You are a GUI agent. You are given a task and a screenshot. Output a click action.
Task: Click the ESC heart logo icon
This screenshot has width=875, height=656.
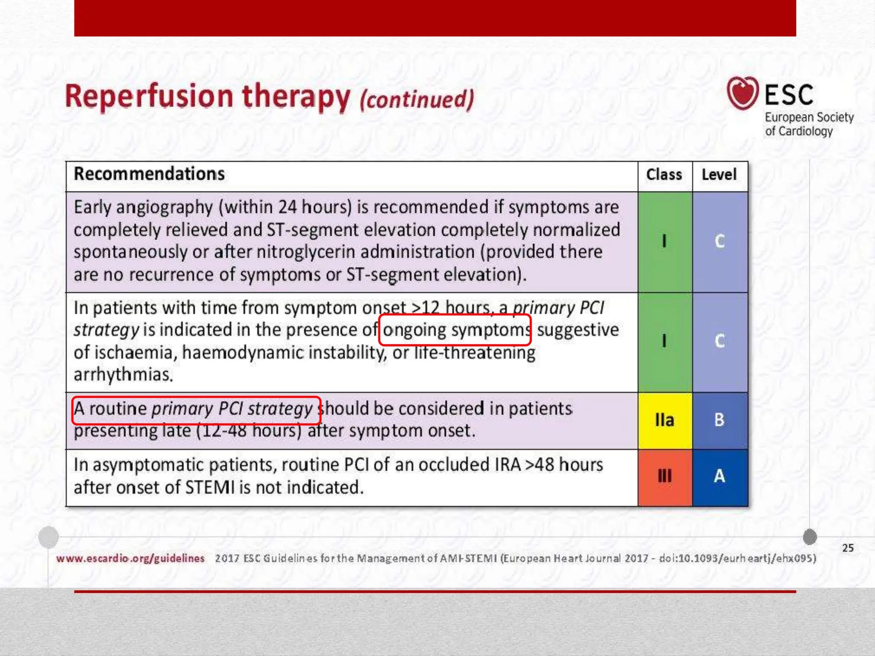tap(743, 93)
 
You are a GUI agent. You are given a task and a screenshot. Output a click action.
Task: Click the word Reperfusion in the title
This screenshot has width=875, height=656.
tap(149, 97)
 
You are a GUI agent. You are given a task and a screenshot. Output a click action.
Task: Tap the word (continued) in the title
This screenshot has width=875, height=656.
tap(417, 99)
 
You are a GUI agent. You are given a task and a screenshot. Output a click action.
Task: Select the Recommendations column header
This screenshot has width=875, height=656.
tap(149, 174)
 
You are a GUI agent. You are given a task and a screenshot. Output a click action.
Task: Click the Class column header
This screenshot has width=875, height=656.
tap(664, 175)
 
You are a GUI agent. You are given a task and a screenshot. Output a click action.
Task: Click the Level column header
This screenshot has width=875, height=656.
tap(719, 175)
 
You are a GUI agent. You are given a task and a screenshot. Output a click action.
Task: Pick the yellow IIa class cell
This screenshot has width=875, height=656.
tap(665, 420)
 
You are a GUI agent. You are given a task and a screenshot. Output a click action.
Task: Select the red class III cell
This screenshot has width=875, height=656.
tap(665, 476)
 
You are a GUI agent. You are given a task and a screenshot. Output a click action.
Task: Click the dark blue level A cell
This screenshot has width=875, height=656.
tap(719, 476)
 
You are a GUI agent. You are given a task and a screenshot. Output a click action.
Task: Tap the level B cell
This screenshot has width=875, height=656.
tap(719, 420)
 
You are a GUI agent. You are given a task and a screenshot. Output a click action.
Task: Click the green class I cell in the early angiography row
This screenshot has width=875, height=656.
tap(664, 241)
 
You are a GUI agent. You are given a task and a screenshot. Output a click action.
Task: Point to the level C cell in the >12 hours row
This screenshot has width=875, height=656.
tap(719, 341)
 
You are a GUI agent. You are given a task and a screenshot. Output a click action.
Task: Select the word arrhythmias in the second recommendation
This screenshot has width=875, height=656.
tap(123, 375)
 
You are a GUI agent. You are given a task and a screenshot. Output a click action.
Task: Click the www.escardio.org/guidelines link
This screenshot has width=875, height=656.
tap(130, 558)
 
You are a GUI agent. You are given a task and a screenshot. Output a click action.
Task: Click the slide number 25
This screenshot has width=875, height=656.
tap(848, 548)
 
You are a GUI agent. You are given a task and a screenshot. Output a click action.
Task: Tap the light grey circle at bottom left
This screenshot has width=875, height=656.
tap(48, 537)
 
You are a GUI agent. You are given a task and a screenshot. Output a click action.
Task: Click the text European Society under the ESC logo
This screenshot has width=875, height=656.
tap(809, 117)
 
